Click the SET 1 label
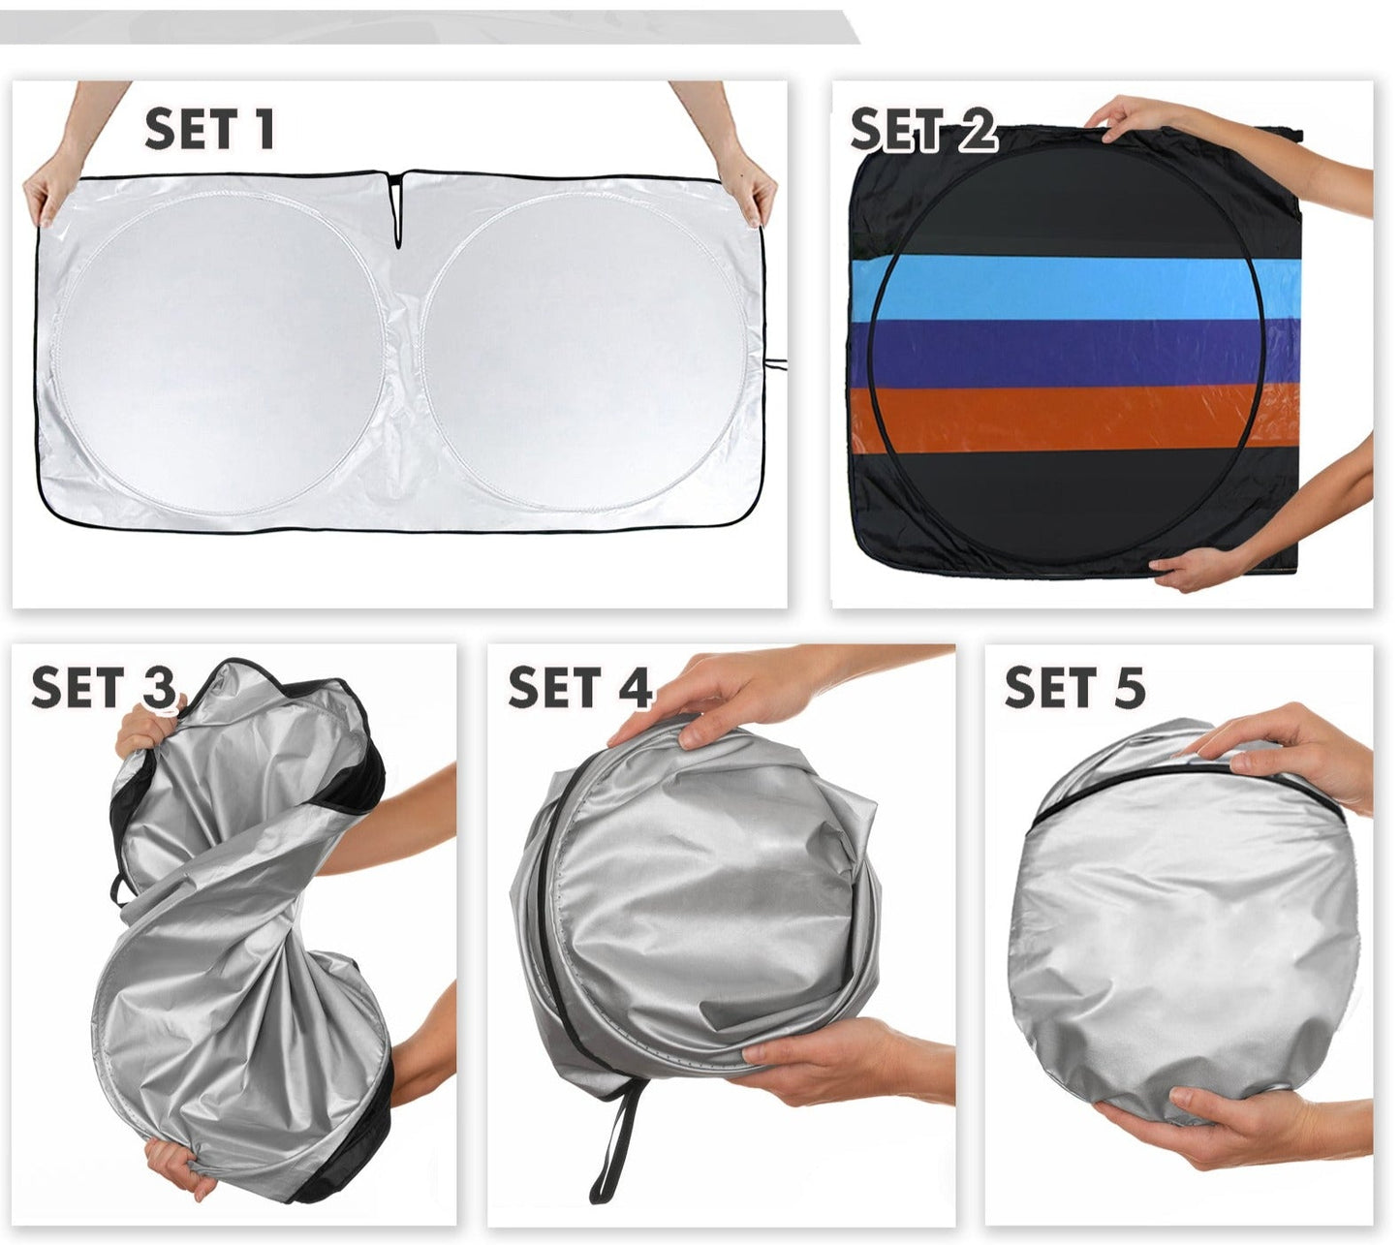pos(209,129)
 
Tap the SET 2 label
pos(924,129)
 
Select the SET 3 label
pos(104,688)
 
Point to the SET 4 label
pos(579,688)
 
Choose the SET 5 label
pos(1075,688)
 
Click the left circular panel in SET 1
pos(220,353)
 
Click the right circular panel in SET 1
pos(584,353)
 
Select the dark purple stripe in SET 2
pos(1076,354)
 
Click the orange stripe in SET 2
pos(1076,419)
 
